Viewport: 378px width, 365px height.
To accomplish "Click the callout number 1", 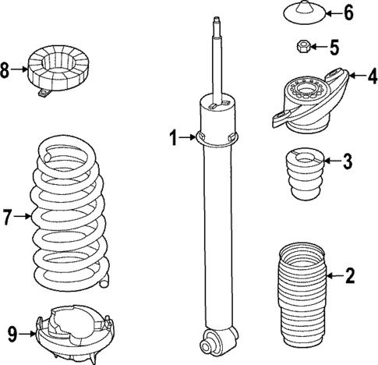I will (175, 139).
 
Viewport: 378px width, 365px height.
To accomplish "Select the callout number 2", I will (349, 275).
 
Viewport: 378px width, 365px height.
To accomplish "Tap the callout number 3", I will (348, 161).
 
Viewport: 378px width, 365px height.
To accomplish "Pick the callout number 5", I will (334, 48).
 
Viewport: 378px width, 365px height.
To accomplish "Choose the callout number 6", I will (348, 13).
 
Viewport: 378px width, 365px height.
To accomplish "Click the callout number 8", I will (6, 71).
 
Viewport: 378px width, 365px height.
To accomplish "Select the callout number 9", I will (11, 334).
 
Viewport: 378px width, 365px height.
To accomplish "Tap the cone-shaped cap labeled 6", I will (301, 14).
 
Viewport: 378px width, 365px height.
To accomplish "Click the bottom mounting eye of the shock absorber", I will (214, 339).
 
